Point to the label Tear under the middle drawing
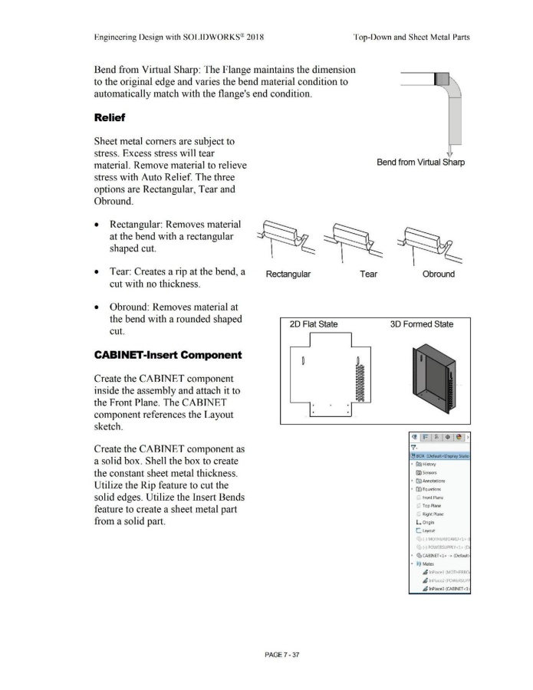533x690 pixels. [368, 274]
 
